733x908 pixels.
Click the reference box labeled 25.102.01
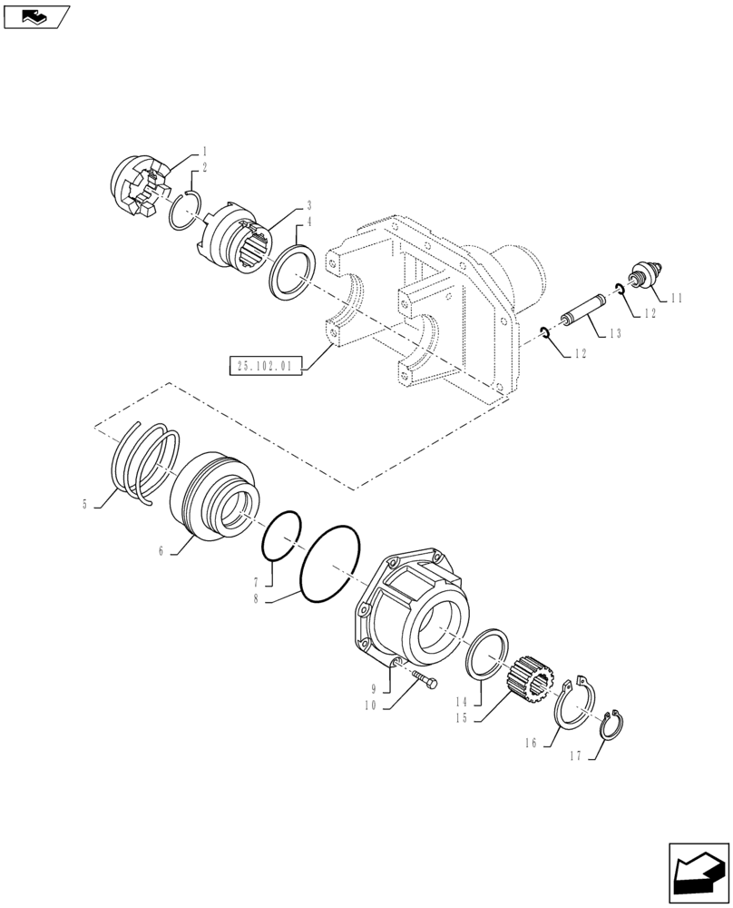(263, 367)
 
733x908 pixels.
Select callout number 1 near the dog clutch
(205, 151)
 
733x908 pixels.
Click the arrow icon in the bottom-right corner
(698, 873)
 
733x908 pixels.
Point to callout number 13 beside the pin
(615, 334)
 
